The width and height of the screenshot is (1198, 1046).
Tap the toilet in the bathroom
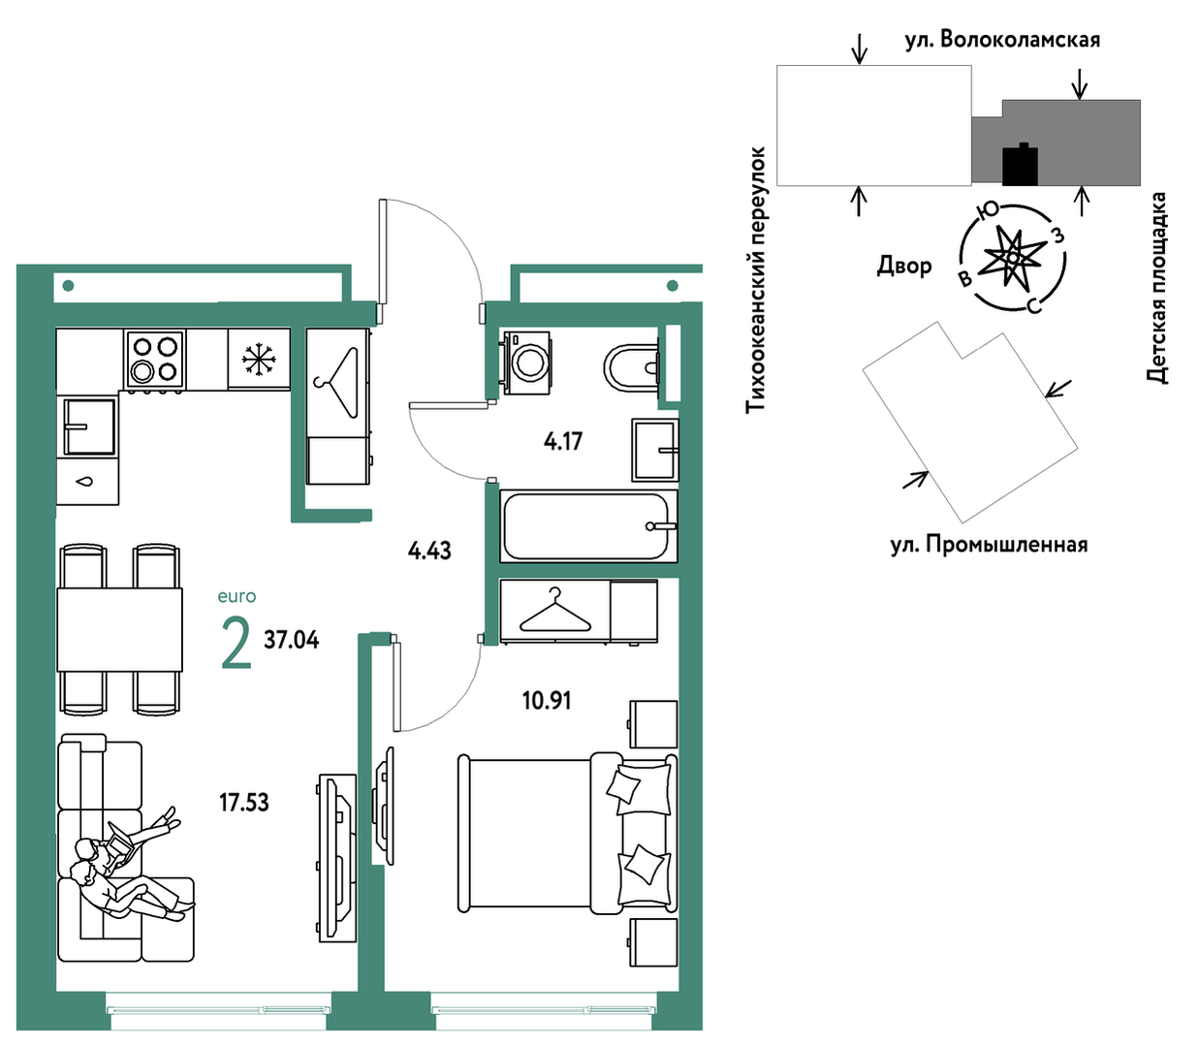(x=631, y=367)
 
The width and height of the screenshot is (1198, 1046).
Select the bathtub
(x=588, y=526)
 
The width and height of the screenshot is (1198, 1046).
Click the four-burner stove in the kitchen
(x=154, y=359)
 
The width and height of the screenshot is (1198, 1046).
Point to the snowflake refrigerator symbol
(x=259, y=359)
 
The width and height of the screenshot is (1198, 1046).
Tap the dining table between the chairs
(x=119, y=629)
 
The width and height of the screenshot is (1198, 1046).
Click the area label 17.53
(x=244, y=802)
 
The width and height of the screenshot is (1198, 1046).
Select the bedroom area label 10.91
(x=547, y=700)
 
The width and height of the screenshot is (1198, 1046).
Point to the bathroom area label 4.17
(x=563, y=441)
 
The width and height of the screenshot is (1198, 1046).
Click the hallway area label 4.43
(x=429, y=551)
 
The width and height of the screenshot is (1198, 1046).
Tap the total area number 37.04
(x=291, y=640)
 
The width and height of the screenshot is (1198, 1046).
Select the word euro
(x=236, y=596)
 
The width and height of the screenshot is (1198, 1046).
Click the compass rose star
(x=1012, y=257)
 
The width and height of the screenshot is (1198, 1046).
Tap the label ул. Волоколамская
(x=1002, y=40)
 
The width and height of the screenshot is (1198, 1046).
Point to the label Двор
(x=903, y=267)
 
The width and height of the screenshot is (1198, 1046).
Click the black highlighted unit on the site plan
(x=1020, y=165)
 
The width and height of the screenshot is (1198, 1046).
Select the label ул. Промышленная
(x=989, y=545)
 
